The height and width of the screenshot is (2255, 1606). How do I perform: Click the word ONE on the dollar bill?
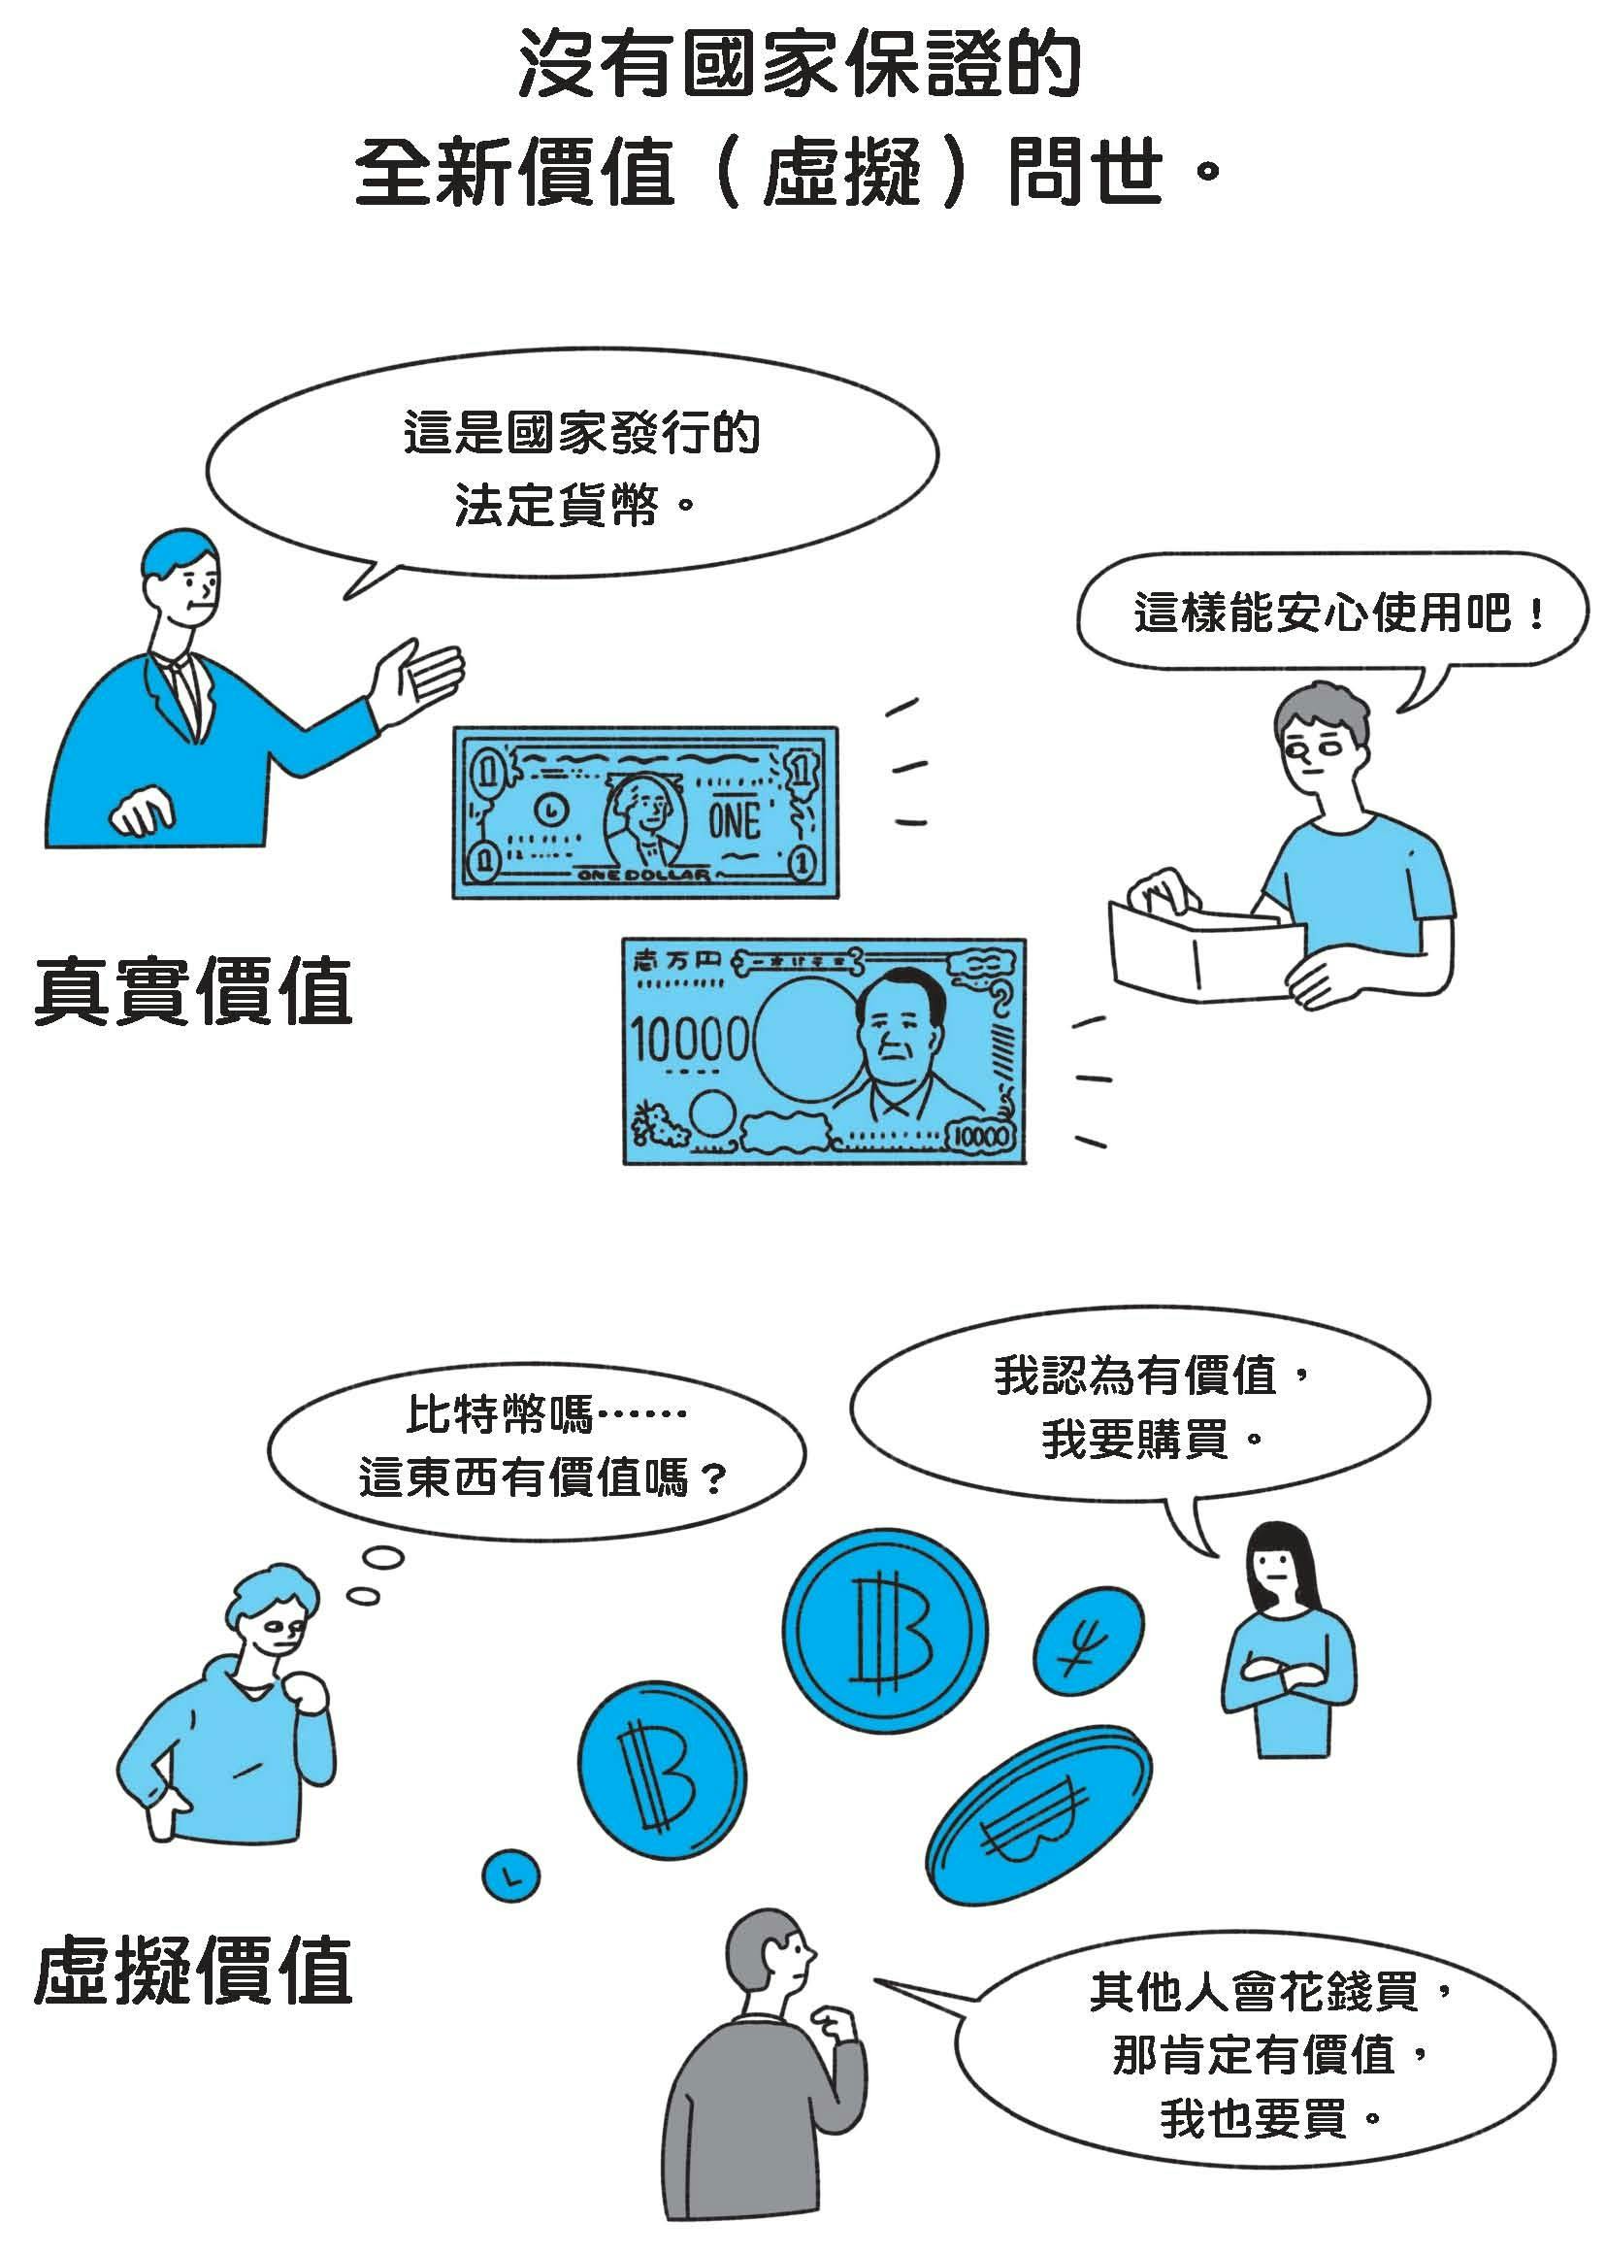(x=734, y=820)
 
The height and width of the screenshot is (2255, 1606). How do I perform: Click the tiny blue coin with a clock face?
(x=510, y=1874)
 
